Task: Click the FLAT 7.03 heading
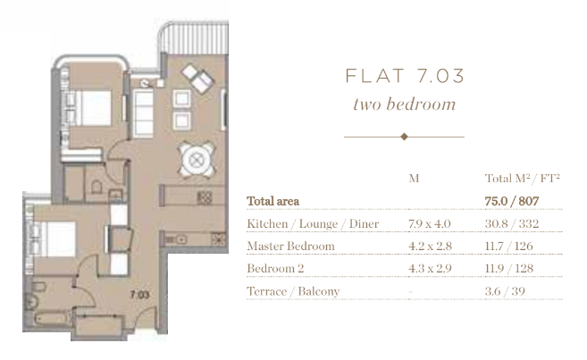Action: point(405,76)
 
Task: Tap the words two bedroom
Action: point(405,104)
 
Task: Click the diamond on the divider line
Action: point(404,137)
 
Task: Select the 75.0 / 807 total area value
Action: point(512,201)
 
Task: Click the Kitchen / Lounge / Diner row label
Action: point(313,224)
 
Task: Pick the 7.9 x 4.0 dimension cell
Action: point(430,224)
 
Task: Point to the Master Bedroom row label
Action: point(291,246)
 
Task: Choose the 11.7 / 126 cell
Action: point(508,246)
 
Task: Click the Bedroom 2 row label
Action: point(275,268)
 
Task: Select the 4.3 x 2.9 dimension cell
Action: point(430,268)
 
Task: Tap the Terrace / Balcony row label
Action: point(293,291)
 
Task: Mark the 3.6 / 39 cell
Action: point(505,291)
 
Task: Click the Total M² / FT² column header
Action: point(523,178)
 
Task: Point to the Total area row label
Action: point(273,201)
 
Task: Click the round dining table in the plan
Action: point(197,161)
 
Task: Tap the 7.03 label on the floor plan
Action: point(139,295)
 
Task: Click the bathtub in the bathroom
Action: point(52,319)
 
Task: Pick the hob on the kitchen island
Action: point(204,197)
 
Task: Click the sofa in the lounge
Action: point(144,114)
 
